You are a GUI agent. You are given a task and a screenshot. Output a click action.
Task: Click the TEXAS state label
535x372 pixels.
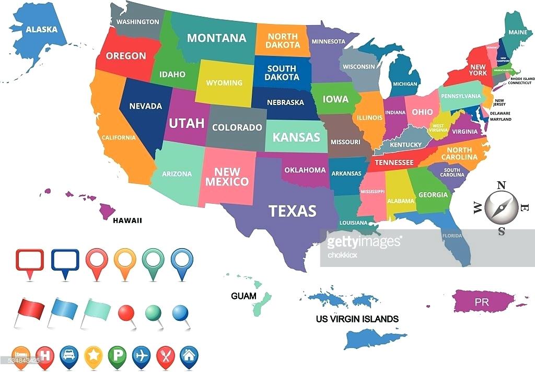click(x=292, y=211)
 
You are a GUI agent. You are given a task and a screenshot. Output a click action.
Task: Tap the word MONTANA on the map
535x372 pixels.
click(x=216, y=38)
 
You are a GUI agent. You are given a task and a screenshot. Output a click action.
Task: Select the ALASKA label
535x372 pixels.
click(x=42, y=29)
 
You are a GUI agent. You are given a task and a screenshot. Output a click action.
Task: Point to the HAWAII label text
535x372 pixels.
click(x=127, y=220)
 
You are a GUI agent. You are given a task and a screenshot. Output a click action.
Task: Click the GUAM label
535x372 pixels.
click(x=244, y=296)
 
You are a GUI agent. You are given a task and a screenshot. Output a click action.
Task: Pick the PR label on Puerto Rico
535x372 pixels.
click(x=482, y=302)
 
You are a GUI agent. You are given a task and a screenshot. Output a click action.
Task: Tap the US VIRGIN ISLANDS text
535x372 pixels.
click(x=357, y=319)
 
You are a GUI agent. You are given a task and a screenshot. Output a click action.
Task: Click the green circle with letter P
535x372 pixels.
click(x=117, y=355)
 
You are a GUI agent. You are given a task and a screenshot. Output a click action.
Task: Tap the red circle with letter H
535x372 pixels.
click(x=44, y=355)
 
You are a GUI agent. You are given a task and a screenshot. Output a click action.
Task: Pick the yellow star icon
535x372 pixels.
click(x=92, y=355)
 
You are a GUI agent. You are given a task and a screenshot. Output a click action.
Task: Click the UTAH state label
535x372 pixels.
click(x=187, y=123)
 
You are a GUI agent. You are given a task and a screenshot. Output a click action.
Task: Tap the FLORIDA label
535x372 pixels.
click(x=452, y=236)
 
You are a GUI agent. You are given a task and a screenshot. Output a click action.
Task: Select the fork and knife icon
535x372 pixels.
click(x=165, y=355)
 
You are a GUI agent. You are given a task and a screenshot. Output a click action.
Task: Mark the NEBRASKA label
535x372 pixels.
click(x=285, y=102)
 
